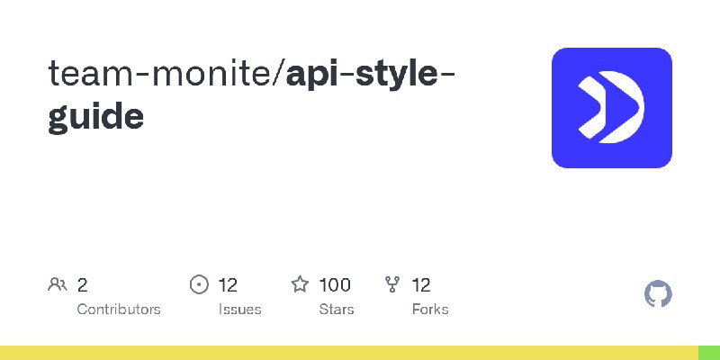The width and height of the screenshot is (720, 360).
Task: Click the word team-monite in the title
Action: (x=160, y=75)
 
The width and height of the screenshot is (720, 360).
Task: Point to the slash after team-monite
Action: (x=279, y=75)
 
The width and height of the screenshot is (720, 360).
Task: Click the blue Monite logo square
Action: (x=612, y=108)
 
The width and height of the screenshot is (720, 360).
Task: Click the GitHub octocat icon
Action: (x=658, y=294)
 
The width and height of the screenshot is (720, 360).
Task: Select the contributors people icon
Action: (x=58, y=284)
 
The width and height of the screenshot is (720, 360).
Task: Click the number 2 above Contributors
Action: (x=82, y=285)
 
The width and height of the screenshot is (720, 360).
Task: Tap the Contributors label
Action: (x=119, y=309)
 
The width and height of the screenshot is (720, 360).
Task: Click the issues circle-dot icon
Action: (x=199, y=284)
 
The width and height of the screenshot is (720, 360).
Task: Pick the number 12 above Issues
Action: (x=228, y=285)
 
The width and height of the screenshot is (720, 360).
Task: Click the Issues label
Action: (x=239, y=309)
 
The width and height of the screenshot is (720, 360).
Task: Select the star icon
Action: (x=300, y=284)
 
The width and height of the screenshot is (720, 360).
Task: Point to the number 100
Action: (x=335, y=285)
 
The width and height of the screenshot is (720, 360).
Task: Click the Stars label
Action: (x=337, y=309)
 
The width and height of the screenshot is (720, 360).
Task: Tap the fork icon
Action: (x=392, y=284)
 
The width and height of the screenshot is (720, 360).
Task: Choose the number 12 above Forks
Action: (x=421, y=285)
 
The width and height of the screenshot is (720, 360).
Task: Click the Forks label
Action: (x=430, y=309)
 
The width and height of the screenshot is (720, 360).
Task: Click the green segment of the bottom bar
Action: (x=709, y=353)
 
